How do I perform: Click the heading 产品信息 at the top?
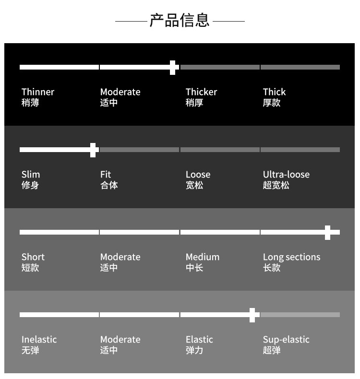pos(180,20)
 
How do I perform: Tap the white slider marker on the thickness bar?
pos(173,68)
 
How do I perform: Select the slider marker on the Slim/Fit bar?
pos(93,150)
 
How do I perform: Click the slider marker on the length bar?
pos(328,233)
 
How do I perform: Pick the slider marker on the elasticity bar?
pos(252,315)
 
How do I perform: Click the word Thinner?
pos(38,92)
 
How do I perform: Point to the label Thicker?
pos(202,92)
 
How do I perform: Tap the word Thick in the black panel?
pos(274,92)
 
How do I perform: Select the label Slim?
pos(31,174)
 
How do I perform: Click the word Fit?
pos(106,174)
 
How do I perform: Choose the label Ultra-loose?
pos(286,174)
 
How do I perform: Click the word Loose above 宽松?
pos(198,174)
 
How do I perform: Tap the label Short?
pos(33,257)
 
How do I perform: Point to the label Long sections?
pos(291,257)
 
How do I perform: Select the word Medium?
pos(203,257)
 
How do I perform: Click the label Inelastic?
pos(39,339)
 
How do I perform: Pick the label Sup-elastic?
pos(286,340)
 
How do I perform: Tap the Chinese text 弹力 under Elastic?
pos(194,350)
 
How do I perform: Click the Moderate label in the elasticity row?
pos(120,339)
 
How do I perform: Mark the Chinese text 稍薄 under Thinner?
pos(30,103)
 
